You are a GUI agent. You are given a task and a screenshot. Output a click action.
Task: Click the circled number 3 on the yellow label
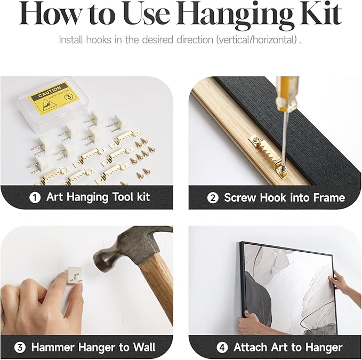point(69,97)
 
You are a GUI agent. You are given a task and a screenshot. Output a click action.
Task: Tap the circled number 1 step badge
point(35,198)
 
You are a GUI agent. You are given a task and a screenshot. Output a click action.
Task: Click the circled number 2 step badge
point(213,198)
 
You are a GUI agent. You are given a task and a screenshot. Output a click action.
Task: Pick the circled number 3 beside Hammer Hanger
point(20,348)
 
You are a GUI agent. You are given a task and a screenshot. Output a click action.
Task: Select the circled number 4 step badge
point(222,348)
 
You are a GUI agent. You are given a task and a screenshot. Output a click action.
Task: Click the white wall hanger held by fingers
point(74,275)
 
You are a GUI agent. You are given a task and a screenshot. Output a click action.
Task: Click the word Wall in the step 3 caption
point(144,347)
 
